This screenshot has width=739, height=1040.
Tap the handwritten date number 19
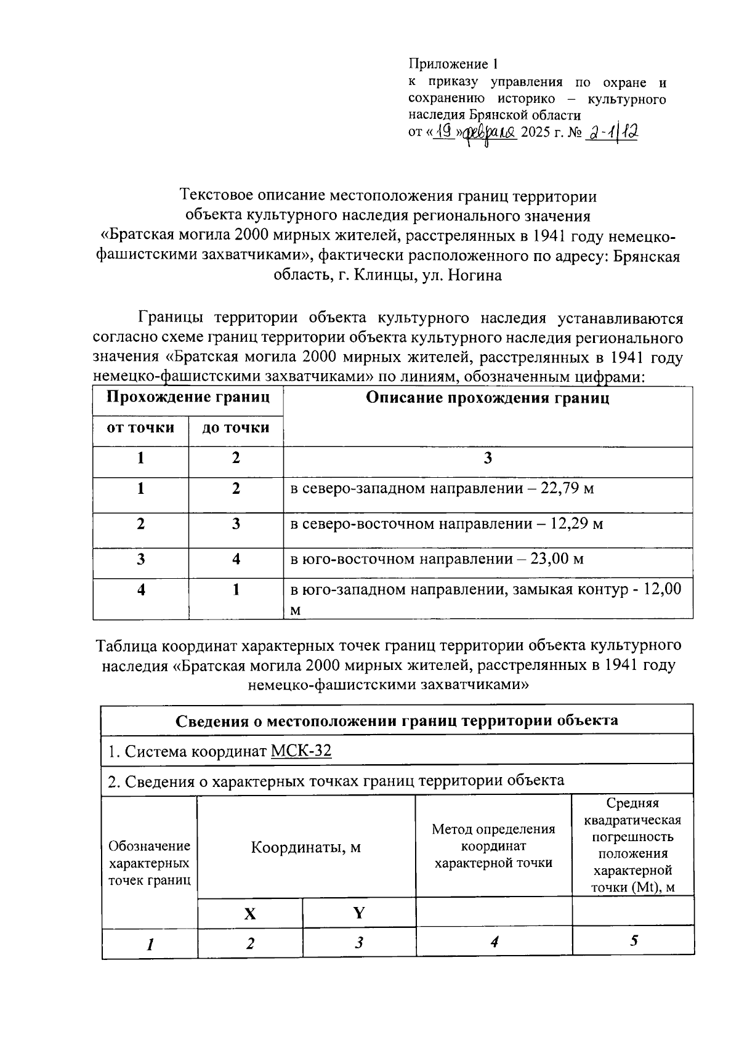tap(443, 131)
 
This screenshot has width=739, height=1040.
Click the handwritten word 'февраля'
tap(490, 132)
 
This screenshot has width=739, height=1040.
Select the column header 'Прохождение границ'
tap(188, 397)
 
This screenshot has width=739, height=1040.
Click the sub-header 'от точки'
tap(140, 428)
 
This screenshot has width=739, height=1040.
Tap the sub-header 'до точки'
tap(236, 428)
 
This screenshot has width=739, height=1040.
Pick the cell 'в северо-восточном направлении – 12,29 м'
tap(446, 524)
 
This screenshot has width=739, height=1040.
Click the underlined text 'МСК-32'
tap(301, 751)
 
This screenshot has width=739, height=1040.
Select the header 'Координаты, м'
tap(305, 848)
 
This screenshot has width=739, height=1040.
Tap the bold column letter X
tap(249, 914)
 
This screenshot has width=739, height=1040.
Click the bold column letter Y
tap(358, 913)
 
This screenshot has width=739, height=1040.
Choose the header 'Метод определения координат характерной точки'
tap(493, 846)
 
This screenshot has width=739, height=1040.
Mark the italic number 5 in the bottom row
tap(634, 941)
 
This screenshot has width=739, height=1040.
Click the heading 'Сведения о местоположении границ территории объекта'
tap(397, 720)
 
